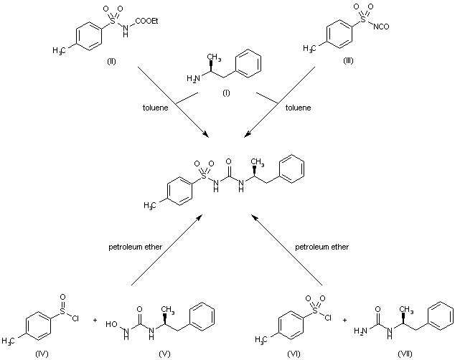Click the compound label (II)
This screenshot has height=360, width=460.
[x=111, y=61]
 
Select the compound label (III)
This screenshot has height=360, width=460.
[x=348, y=61]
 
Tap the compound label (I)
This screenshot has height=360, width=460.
[x=226, y=93]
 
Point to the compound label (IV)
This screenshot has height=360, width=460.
[x=42, y=354]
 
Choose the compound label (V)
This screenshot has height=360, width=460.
[x=164, y=354]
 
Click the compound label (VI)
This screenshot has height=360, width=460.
[x=294, y=354]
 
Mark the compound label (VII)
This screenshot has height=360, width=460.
[x=405, y=354]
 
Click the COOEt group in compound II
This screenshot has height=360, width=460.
[x=146, y=21]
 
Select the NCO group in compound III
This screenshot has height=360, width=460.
[x=381, y=27]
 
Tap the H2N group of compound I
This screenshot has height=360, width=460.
[x=193, y=78]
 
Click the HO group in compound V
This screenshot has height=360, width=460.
[x=111, y=324]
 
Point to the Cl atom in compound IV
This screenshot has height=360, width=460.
[x=75, y=318]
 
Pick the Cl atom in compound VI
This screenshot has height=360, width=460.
[x=328, y=318]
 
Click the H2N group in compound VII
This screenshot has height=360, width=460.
[x=360, y=331]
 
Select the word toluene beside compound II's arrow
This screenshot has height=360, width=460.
[x=156, y=108]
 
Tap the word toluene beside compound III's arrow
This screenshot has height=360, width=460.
[x=298, y=108]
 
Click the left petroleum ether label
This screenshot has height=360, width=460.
[x=135, y=247]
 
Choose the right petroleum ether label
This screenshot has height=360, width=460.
[x=321, y=247]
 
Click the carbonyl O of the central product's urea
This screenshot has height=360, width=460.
[x=228, y=161]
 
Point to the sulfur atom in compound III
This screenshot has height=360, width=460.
[x=363, y=19]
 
